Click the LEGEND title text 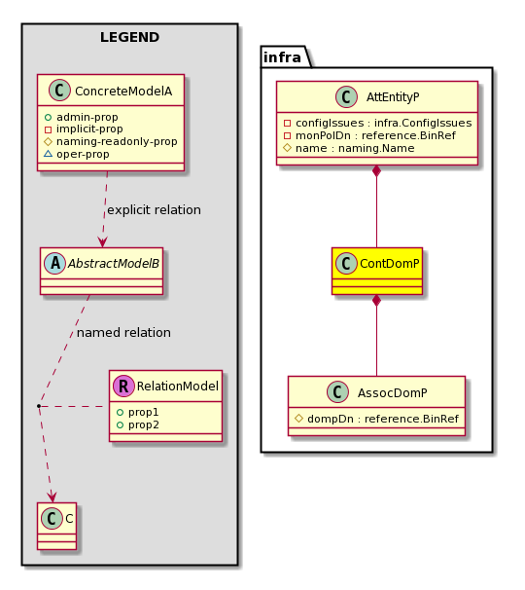129,37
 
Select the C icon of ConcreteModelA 59,91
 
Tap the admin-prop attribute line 81,117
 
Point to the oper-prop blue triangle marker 48,154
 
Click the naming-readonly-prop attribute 111,141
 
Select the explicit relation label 154,210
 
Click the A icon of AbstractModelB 54,264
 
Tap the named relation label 123,333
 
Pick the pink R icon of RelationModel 123,386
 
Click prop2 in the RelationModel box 138,424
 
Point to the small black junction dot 39,406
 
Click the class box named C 56,526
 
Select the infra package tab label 282,57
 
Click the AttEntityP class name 393,97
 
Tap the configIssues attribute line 377,123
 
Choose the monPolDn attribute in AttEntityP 369,135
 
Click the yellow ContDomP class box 377,271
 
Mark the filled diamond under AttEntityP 376,171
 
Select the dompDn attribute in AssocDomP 377,419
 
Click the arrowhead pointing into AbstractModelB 102,242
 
